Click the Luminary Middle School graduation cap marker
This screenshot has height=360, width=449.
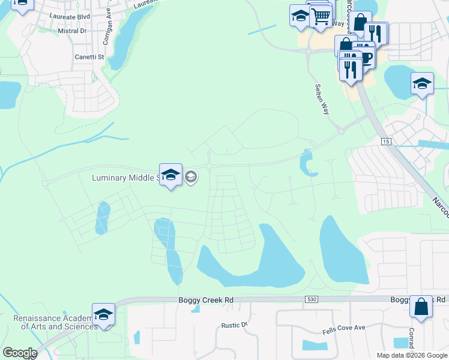[x=171, y=175]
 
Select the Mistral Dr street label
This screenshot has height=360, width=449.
[x=72, y=30]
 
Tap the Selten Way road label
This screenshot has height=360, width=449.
[x=322, y=100]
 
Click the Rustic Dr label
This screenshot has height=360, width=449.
[x=235, y=325]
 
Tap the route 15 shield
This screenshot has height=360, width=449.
[x=386, y=140]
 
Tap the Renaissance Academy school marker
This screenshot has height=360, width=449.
[x=103, y=314]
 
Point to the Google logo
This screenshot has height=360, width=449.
[x=19, y=353]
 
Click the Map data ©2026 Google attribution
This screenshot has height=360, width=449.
[x=411, y=355]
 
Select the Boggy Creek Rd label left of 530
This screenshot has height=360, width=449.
[x=205, y=299]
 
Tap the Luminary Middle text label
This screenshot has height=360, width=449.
[x=124, y=178]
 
